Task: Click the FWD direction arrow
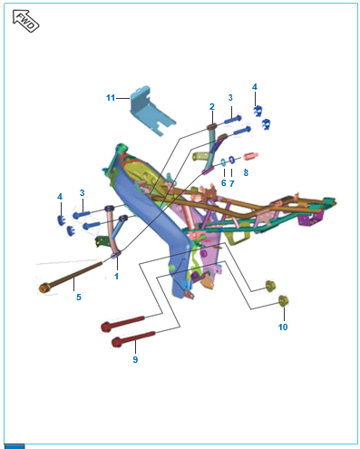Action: tap(25, 21)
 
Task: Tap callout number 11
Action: tap(111, 98)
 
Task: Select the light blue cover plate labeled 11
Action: tap(151, 111)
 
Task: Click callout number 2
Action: tap(212, 107)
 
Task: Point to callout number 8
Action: tap(246, 172)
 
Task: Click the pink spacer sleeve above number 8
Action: tap(251, 156)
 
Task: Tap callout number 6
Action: tap(224, 183)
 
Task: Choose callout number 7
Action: tap(232, 183)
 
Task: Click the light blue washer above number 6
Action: tap(223, 162)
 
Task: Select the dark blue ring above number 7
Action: tap(231, 160)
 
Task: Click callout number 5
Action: tap(79, 297)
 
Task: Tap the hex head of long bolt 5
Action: tap(44, 288)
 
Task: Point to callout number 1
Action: tap(116, 276)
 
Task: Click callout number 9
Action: tap(135, 359)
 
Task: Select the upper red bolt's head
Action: tap(106, 327)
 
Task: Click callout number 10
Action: tap(283, 327)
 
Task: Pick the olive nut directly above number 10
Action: tap(283, 301)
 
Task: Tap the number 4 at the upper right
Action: tap(255, 87)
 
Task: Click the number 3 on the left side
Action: tap(82, 193)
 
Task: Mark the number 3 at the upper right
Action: tap(230, 98)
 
